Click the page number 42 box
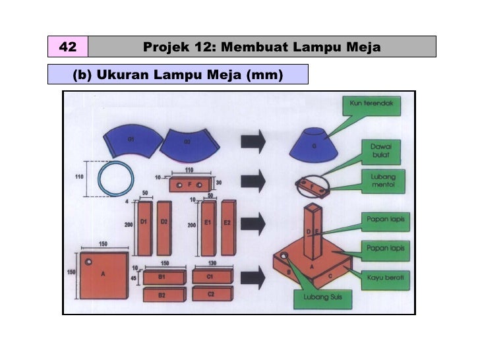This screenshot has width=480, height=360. (67, 47)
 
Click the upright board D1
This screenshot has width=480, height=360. (144, 227)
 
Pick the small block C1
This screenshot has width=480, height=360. (210, 276)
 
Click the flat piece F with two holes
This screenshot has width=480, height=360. (190, 184)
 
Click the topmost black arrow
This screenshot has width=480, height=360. (253, 141)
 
